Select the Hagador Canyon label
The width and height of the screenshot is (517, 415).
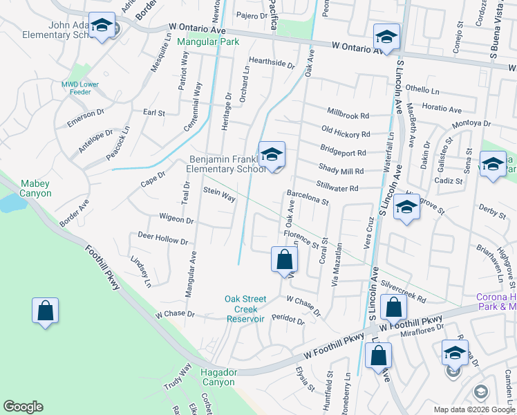pyautogui.click(x=218, y=377)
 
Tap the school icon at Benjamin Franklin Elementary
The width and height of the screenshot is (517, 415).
pyautogui.click(x=272, y=155)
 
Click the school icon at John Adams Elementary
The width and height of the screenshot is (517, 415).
pyautogui.click(x=102, y=26)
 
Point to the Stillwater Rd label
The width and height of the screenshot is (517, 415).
pyautogui.click(x=337, y=187)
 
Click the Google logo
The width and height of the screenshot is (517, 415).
pyautogui.click(x=23, y=407)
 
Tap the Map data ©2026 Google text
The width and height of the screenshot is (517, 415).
pyautogui.click(x=473, y=409)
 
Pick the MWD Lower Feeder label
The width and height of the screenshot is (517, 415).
pyautogui.click(x=80, y=88)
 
